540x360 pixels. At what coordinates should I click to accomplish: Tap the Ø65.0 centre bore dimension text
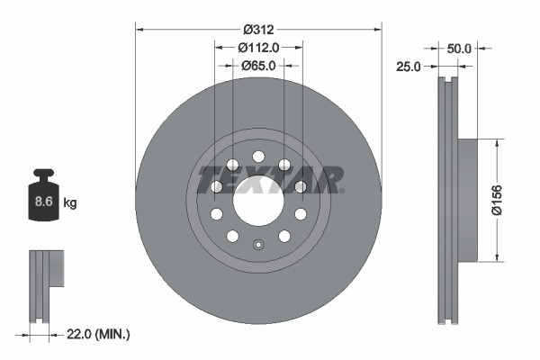pyautogui.click(x=258, y=65)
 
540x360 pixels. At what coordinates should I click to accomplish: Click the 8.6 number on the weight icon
pyautogui.click(x=42, y=202)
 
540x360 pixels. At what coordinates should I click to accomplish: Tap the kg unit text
pyautogui.click(x=70, y=203)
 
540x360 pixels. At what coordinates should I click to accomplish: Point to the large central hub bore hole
pyautogui.click(x=258, y=200)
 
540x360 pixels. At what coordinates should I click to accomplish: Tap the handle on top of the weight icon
pyautogui.click(x=42, y=175)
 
